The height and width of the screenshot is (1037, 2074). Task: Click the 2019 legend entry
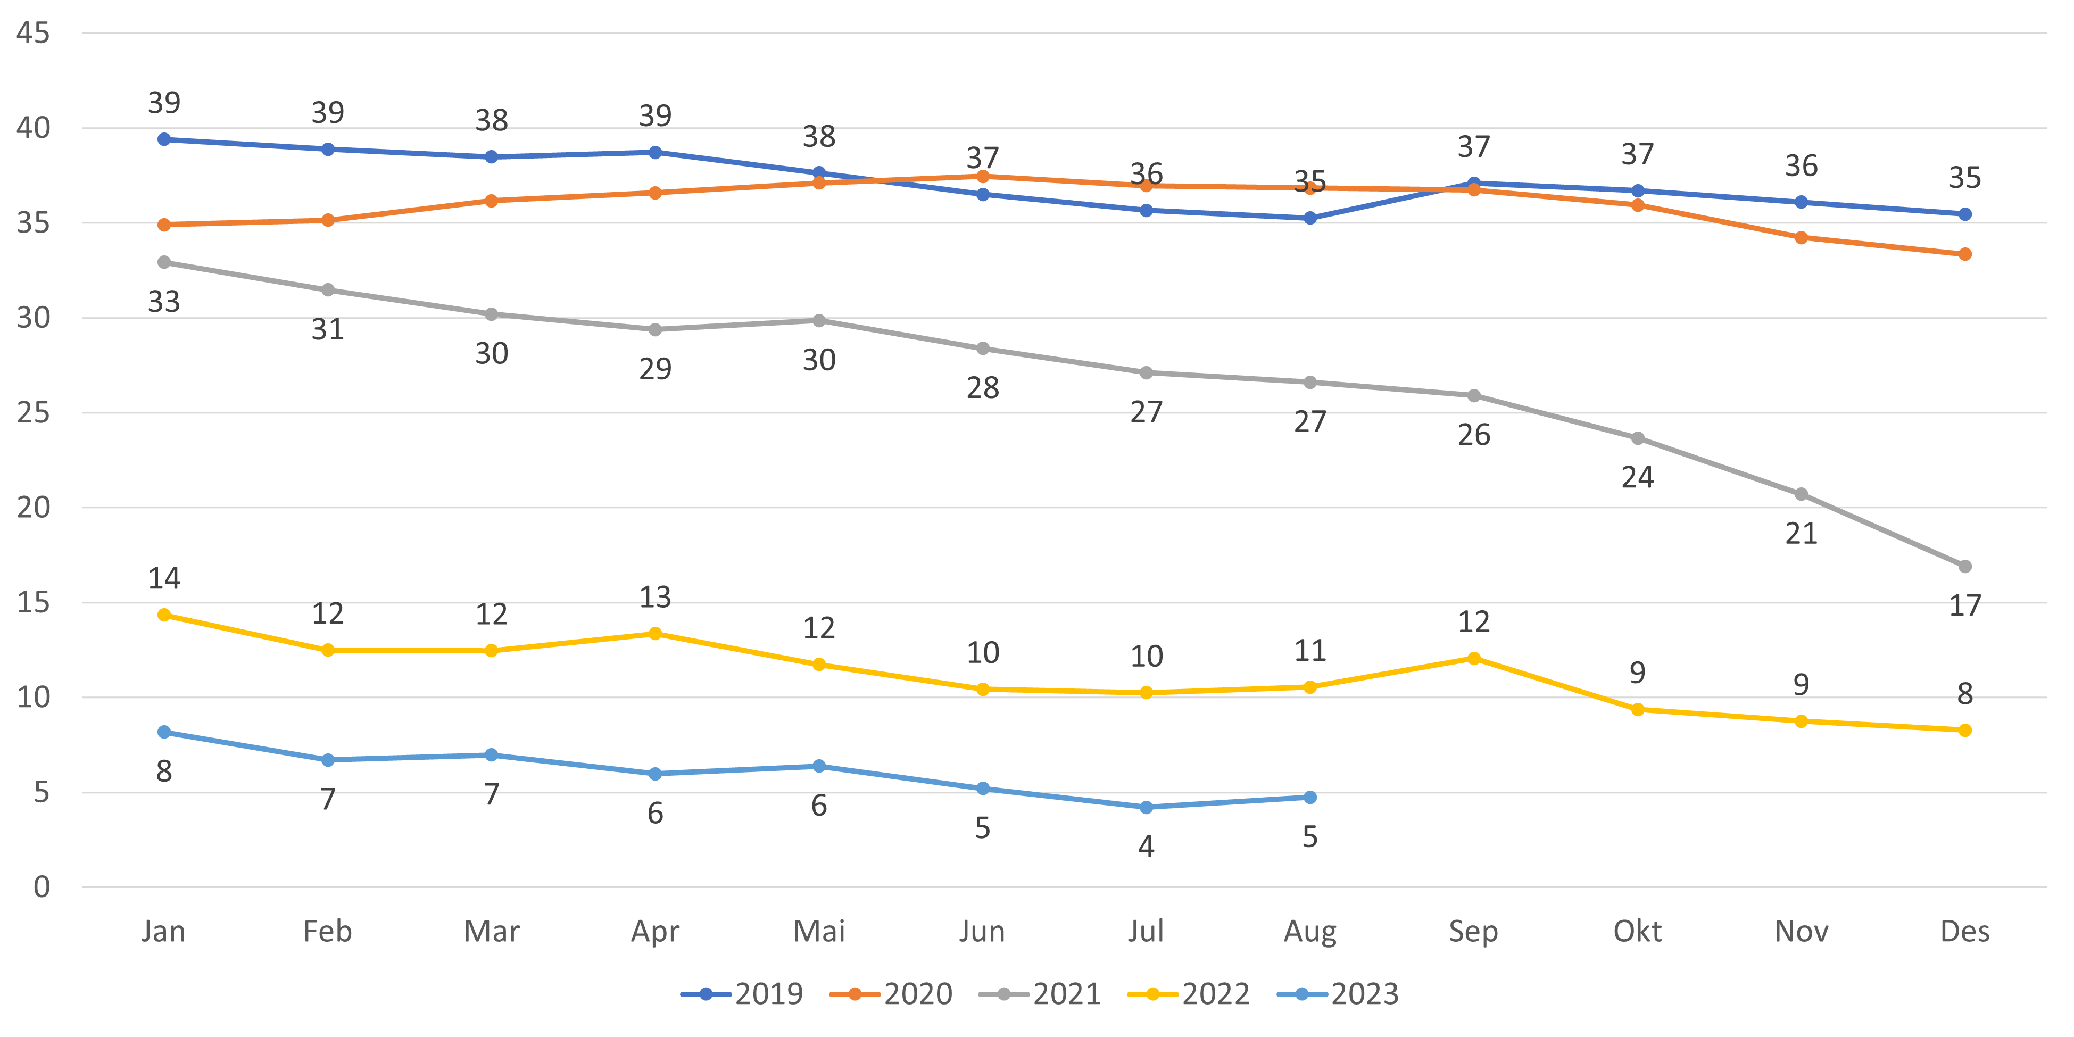pyautogui.click(x=742, y=994)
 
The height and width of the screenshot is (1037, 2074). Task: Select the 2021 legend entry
pyautogui.click(x=1040, y=994)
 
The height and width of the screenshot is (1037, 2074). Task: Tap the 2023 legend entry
pyautogui.click(x=1338, y=994)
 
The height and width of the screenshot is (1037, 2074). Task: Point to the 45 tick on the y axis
pyautogui.click(x=33, y=33)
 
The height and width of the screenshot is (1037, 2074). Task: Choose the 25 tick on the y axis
pyautogui.click(x=33, y=413)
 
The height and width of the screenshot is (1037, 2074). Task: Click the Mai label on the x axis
pyautogui.click(x=819, y=932)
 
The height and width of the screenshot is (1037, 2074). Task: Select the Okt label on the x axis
pyautogui.click(x=1637, y=932)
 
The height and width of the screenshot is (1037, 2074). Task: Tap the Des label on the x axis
pyautogui.click(x=1964, y=932)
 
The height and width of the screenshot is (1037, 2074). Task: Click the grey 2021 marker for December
pyautogui.click(x=1964, y=567)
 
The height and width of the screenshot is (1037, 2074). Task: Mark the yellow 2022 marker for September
pyautogui.click(x=1473, y=659)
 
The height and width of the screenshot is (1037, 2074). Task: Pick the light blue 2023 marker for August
pyautogui.click(x=1310, y=797)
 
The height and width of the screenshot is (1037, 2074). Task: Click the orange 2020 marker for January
pyautogui.click(x=164, y=225)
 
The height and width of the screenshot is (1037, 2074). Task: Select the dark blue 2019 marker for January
pyautogui.click(x=164, y=139)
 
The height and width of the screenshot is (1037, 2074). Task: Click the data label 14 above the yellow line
pyautogui.click(x=164, y=578)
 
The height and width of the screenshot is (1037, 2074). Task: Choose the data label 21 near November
pyautogui.click(x=1801, y=534)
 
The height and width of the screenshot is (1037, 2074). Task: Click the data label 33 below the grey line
pyautogui.click(x=164, y=302)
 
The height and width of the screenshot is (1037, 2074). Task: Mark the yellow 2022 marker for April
pyautogui.click(x=656, y=634)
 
